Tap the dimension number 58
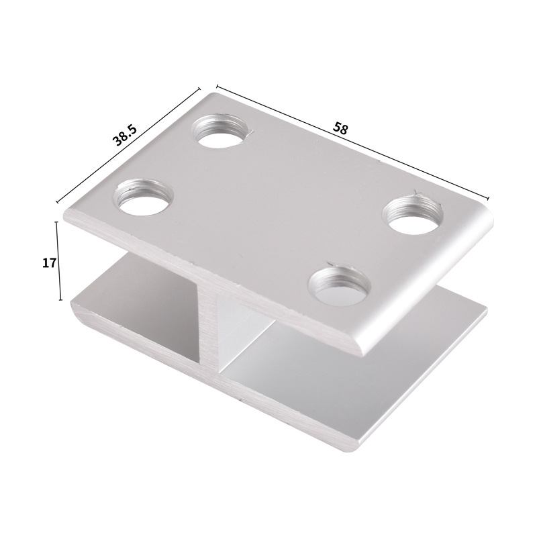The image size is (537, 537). pyautogui.click(x=340, y=128)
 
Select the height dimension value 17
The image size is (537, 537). pyautogui.click(x=48, y=262)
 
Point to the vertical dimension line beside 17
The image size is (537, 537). pyautogui.click(x=60, y=262)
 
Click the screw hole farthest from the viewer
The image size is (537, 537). pyautogui.click(x=220, y=131)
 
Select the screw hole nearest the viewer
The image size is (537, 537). pyautogui.click(x=339, y=285)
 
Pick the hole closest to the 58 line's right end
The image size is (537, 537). pyautogui.click(x=412, y=213)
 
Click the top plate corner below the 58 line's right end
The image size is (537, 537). pyautogui.click(x=489, y=207)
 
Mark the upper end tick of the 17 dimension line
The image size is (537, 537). pyautogui.click(x=60, y=222)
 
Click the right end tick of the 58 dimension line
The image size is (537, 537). pyautogui.click(x=489, y=197)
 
